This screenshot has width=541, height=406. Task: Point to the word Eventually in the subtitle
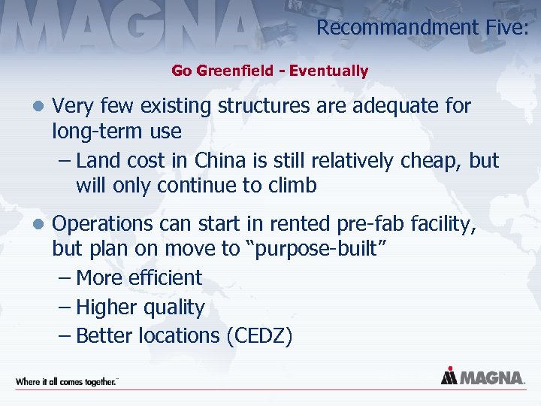(329, 71)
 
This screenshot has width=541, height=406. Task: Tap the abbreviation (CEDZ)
(258, 336)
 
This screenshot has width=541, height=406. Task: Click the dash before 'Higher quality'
(65, 308)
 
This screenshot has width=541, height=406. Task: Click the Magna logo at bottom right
(482, 376)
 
